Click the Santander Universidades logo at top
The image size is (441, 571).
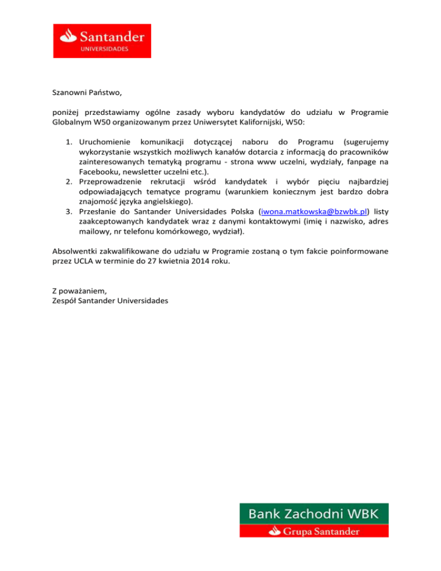pos(102,41)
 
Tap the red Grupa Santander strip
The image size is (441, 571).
pos(314,531)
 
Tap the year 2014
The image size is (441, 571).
pos(203,261)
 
